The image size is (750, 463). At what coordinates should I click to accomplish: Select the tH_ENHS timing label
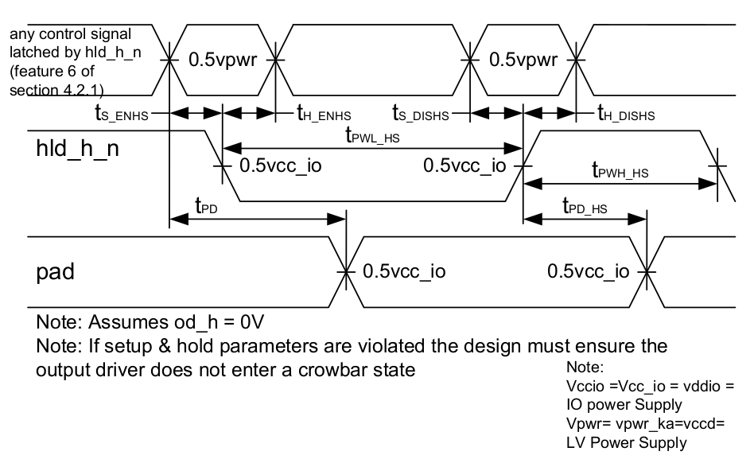coord(324,114)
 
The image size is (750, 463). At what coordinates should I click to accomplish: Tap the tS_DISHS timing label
coord(420,114)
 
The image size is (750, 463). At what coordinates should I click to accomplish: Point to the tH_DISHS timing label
coord(626,114)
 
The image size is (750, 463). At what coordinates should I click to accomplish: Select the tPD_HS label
coord(585,208)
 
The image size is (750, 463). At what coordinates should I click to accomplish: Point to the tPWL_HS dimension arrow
coord(371,147)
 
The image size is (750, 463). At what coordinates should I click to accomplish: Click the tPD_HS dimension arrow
coord(585,217)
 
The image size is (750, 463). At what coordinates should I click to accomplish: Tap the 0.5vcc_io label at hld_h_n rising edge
coord(464,166)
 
